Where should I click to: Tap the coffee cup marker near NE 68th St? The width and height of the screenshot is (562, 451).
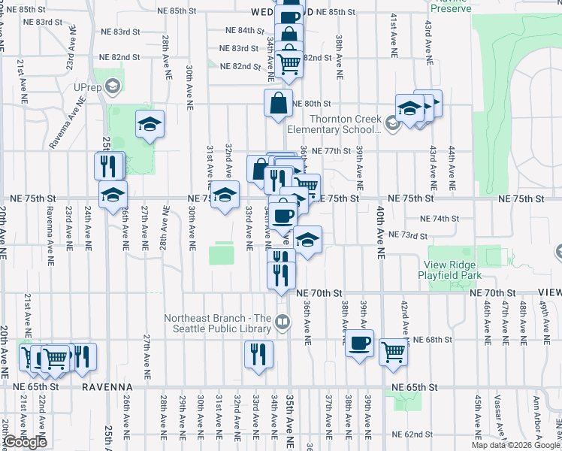359,344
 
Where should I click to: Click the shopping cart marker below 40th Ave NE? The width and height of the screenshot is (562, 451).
393,352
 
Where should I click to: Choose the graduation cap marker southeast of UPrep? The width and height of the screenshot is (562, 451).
150,125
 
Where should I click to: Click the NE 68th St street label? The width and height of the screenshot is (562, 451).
427,340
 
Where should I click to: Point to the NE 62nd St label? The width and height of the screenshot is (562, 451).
409,434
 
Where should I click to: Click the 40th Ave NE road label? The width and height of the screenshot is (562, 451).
380,233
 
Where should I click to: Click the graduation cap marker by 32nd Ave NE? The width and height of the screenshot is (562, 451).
224,195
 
